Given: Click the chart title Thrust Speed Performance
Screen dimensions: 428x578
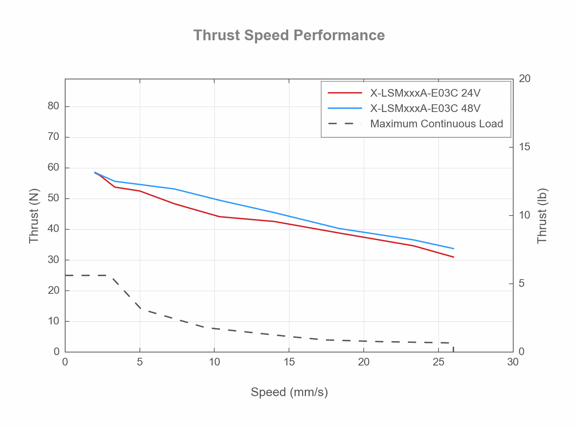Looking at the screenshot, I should tap(289, 35).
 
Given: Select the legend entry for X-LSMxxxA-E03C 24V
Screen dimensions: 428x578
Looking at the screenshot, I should tap(425, 93).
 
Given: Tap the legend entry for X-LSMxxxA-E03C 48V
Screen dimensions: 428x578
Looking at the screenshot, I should tap(425, 109).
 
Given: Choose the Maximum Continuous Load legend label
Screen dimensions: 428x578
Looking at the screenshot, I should tap(436, 124).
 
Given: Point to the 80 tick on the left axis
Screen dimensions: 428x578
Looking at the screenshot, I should tap(54, 106).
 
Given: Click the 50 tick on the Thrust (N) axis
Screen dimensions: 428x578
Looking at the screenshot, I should tap(54, 198).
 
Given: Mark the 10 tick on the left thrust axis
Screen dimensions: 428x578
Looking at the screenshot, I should tap(54, 321).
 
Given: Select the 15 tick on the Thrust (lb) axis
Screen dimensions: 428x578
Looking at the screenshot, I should tap(524, 147).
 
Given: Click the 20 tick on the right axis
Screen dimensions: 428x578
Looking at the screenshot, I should tap(524, 79).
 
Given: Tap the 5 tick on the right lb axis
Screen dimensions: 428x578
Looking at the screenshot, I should tap(521, 283).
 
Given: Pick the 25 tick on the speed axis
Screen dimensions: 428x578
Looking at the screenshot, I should tap(438, 362).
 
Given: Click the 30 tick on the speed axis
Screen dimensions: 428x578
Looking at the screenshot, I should tap(512, 362).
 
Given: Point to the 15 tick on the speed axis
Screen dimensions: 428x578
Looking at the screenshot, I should tap(289, 362).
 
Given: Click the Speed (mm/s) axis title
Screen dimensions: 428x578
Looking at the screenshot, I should tap(289, 392).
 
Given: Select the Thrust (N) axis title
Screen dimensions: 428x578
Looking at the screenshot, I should tap(34, 216).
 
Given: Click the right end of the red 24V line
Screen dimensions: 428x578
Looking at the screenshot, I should tap(453, 257).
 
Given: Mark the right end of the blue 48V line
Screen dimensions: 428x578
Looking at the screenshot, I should tap(453, 249).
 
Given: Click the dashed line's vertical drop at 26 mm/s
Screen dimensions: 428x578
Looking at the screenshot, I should tap(453, 347).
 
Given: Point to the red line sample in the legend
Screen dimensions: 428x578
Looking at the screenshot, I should tap(345, 93).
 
